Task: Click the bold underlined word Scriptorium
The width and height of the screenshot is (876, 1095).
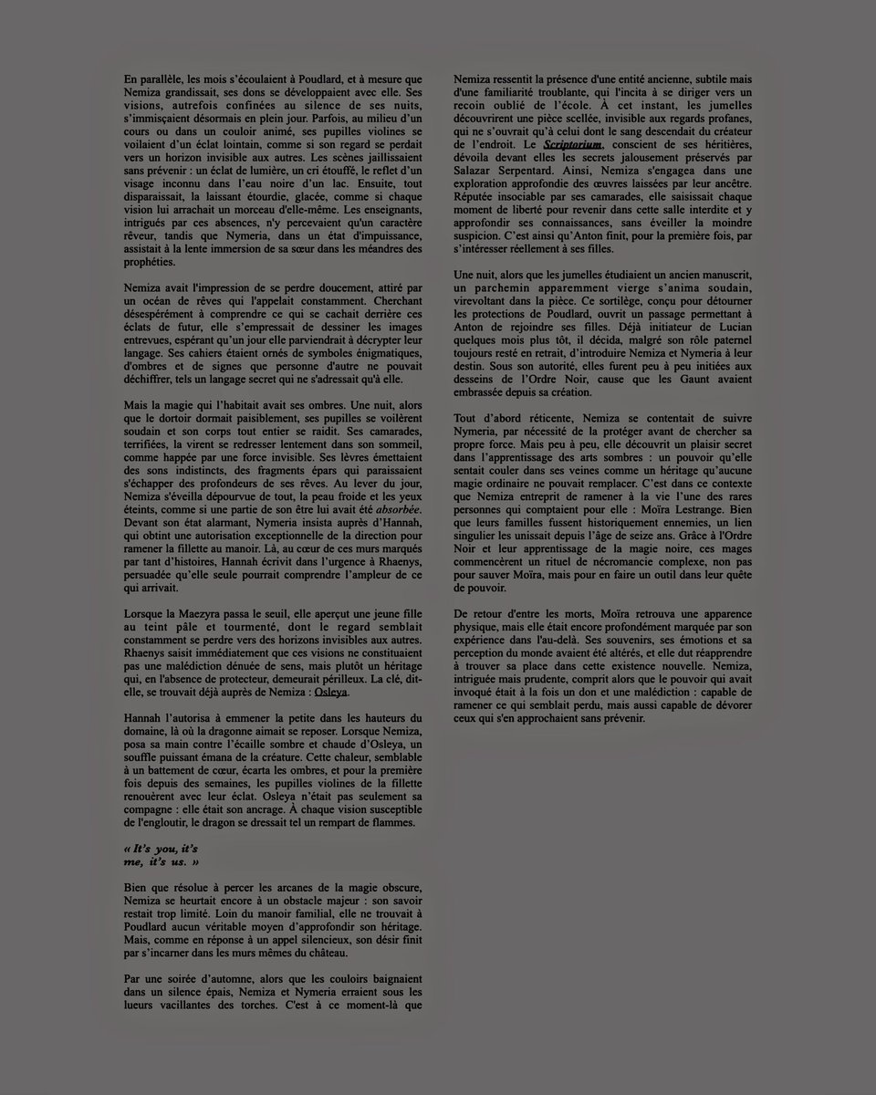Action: pos(572,145)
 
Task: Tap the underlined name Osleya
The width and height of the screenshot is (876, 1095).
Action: pos(331,693)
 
